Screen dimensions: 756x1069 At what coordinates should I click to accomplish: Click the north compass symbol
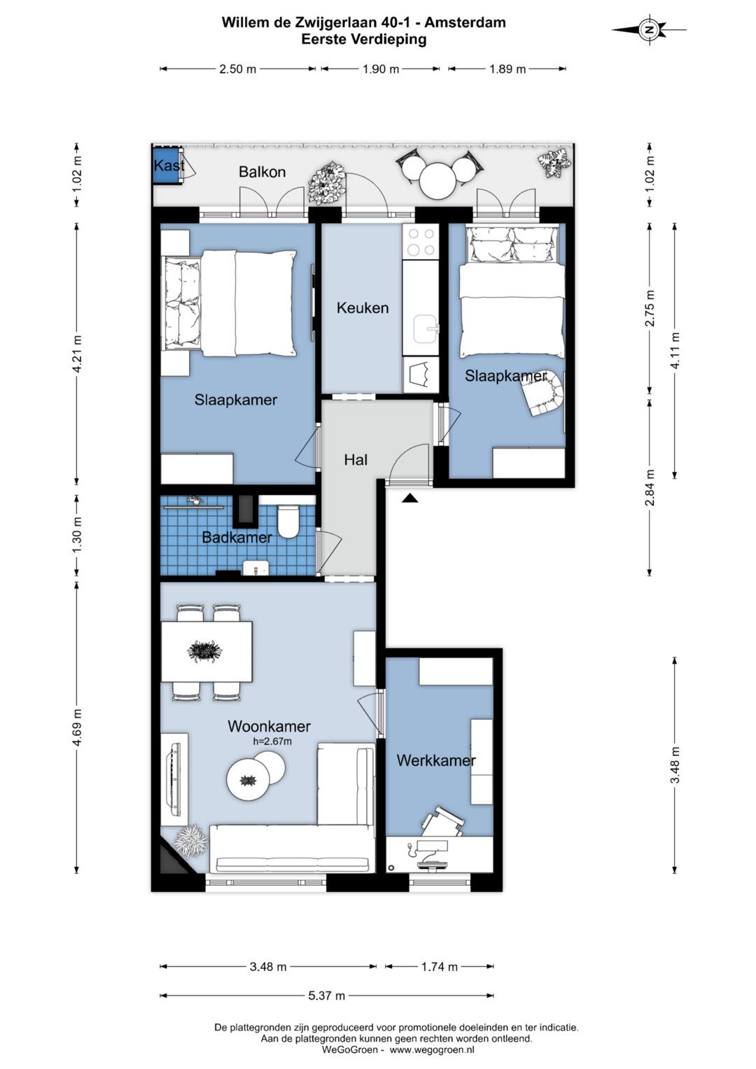point(649,29)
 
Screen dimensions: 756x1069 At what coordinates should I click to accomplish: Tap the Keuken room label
point(363,308)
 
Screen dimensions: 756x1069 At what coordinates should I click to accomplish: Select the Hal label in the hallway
point(356,460)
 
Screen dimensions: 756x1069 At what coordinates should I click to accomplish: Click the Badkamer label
point(237,538)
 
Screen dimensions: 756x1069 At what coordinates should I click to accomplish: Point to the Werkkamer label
point(436,760)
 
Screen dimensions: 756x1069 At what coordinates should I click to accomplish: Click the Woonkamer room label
point(269,727)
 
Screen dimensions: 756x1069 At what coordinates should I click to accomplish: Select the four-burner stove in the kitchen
point(421,242)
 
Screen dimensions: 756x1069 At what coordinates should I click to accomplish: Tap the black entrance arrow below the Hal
point(410,498)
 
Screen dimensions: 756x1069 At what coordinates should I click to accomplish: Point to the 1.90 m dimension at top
point(380,69)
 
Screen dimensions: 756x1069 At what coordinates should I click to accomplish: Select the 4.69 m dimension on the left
point(78,728)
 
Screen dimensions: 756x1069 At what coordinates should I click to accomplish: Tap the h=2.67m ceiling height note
point(272,741)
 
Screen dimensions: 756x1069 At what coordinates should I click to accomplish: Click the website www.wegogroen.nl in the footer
point(432,1049)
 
